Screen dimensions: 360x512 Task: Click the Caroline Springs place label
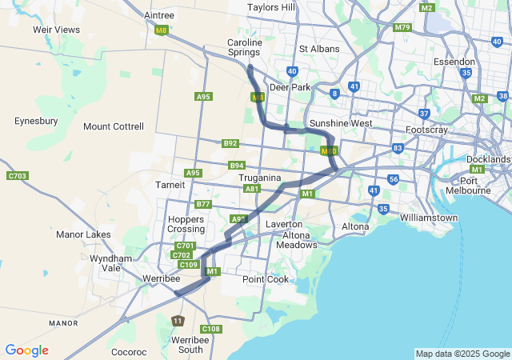244,47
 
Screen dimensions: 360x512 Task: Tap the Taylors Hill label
271,7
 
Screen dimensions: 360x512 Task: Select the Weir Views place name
56,30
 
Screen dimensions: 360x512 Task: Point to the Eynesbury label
35,121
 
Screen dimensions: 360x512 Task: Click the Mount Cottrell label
114,126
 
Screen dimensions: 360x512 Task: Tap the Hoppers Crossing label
186,224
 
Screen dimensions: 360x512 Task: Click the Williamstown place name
429,218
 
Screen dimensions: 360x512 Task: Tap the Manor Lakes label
83,235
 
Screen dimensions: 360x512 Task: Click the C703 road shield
17,176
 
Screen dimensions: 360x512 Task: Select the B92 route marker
230,143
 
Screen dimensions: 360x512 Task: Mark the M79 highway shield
402,27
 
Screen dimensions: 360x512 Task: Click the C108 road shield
211,329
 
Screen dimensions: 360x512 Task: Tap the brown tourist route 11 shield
178,321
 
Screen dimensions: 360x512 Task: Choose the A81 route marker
252,189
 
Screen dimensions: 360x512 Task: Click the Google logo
26,350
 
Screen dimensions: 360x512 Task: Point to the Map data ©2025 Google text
462,354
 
